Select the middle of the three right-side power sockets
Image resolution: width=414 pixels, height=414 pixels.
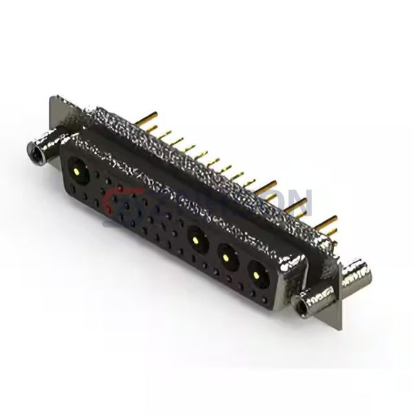coord(225,258)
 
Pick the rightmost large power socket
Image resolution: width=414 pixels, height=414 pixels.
coord(257,276)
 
